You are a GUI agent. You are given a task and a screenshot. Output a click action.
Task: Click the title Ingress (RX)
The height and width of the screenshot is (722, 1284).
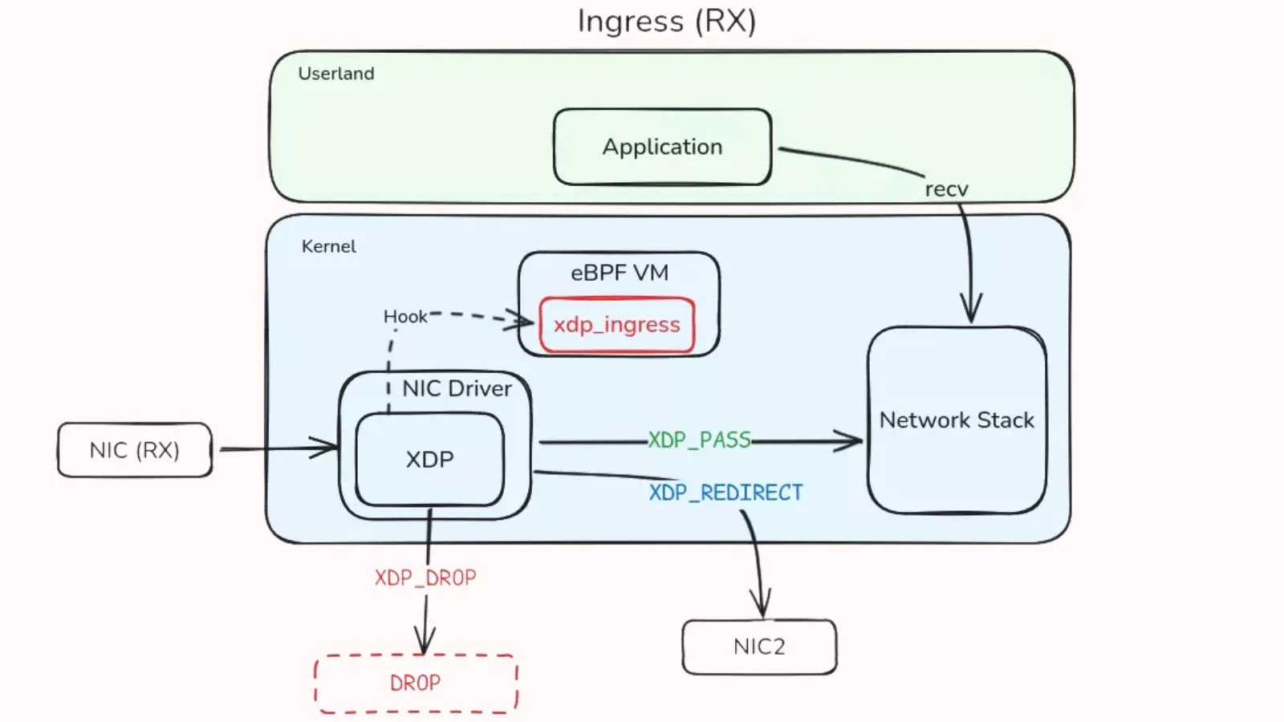(666, 22)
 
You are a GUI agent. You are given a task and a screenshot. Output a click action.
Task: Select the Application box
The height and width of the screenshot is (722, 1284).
(662, 147)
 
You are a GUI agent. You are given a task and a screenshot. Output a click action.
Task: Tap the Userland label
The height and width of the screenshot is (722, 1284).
(335, 74)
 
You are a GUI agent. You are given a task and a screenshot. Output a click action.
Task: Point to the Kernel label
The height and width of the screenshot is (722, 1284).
(328, 246)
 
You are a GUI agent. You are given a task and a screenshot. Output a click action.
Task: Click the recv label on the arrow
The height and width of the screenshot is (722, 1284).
(946, 189)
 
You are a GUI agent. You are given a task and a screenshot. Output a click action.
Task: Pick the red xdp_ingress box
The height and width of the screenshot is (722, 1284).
(616, 325)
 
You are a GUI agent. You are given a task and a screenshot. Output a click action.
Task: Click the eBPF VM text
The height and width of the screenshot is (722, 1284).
(619, 273)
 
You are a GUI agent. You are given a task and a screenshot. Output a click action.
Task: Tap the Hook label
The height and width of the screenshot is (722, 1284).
(405, 317)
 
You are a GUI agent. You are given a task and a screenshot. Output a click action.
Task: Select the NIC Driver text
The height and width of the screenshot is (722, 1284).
(457, 388)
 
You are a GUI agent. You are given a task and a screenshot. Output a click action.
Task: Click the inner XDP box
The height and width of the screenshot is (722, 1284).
(429, 460)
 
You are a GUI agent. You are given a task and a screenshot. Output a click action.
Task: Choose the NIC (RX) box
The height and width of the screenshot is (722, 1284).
(134, 450)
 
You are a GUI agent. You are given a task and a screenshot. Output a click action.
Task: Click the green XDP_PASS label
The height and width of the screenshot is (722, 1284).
(699, 440)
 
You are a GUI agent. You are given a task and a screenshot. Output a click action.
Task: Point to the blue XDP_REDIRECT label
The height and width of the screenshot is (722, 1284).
(725, 493)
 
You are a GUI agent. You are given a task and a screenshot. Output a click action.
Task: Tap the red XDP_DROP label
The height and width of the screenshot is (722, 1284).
(425, 578)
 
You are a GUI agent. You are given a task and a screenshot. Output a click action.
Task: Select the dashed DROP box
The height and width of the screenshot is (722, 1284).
(415, 683)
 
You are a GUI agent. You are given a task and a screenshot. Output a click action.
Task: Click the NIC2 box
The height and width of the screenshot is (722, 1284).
(758, 647)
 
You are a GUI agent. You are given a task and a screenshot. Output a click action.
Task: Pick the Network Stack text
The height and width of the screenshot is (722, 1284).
(957, 420)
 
